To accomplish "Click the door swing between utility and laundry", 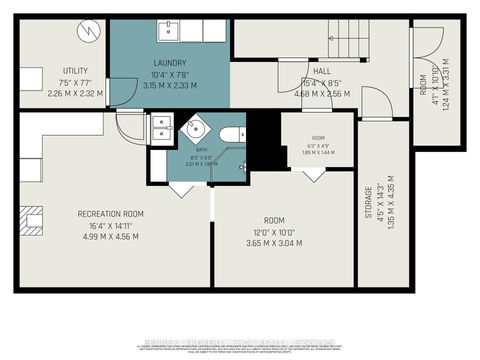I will tap(120, 93).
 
